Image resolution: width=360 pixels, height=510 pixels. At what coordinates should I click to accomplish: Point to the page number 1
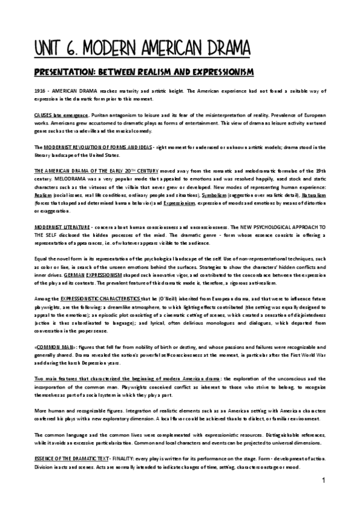click(323, 481)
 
